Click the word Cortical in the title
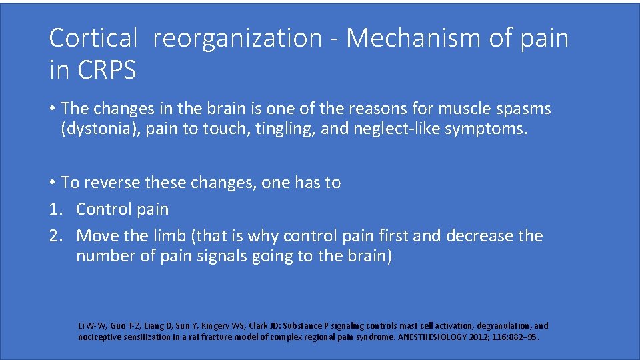point(92,39)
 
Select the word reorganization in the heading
point(237,39)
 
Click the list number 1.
point(55,209)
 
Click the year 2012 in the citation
point(482,337)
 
